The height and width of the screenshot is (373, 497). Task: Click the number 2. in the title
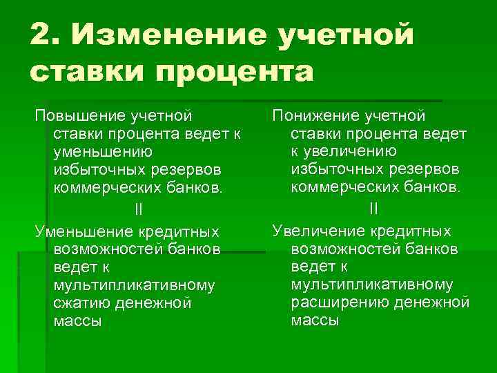click(47, 34)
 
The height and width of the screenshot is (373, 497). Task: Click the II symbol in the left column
click(138, 209)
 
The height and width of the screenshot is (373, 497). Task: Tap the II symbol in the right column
click(373, 208)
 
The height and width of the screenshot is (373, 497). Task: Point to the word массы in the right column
click(315, 321)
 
